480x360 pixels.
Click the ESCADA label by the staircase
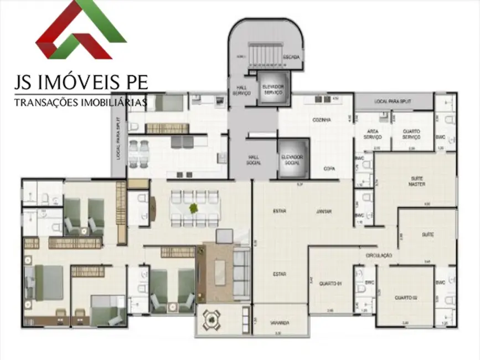[291, 57]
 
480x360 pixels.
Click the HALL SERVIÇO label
[241, 90]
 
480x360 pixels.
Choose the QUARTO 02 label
[405, 298]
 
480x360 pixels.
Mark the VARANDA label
[280, 322]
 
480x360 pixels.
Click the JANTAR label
[324, 212]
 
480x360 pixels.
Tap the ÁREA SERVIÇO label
[372, 135]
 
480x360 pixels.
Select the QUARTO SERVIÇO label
[411, 135]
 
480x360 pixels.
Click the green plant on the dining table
[193, 209]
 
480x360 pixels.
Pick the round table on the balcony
[212, 320]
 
